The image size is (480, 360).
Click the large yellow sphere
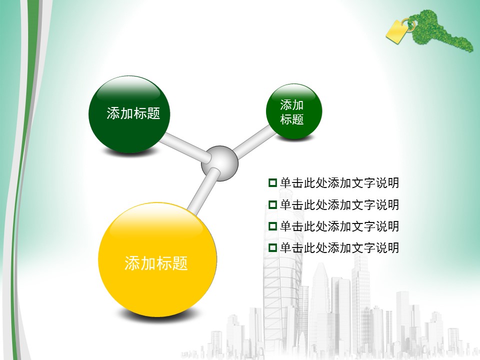pos(157,259)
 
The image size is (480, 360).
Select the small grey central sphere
pos(219,163)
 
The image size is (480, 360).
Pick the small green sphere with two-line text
pos(294,111)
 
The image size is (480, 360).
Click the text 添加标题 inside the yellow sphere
pos(156,263)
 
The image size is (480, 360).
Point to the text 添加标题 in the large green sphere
pos(133,113)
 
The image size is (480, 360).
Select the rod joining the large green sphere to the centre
pos(185,147)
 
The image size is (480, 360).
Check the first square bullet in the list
pos(272,183)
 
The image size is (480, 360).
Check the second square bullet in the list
pos(272,204)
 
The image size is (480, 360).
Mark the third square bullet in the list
pos(272,226)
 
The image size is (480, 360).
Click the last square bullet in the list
pos(272,247)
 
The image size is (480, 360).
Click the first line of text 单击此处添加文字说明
pos(339,183)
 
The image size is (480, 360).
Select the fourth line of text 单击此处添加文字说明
pos(339,247)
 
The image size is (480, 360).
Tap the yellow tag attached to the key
pos(396,31)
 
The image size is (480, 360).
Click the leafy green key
pos(441,31)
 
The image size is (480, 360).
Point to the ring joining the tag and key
pos(408,24)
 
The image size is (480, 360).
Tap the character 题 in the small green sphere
pos(297,119)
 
